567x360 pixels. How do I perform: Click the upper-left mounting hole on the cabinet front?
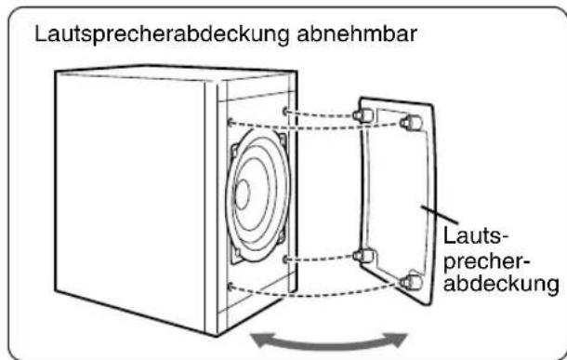(x=229, y=119)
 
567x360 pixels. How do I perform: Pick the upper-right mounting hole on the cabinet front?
(x=282, y=108)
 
